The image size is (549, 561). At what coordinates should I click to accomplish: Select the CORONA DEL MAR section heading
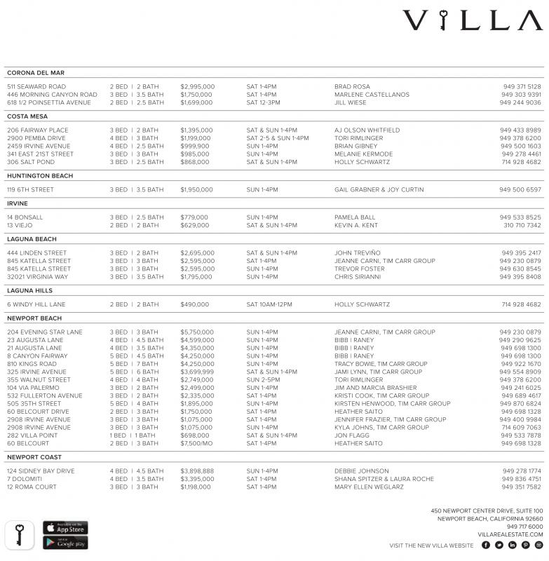point(36,73)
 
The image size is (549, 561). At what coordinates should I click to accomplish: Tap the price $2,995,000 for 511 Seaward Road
point(197,87)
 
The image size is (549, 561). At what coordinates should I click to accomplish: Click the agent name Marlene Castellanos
point(372,95)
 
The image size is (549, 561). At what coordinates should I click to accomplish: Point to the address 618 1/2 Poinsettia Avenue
point(49,102)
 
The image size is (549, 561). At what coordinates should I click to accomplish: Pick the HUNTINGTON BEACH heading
point(40,176)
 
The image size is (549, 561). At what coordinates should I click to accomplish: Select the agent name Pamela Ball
point(355,217)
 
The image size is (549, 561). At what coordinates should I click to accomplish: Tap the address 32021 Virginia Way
point(38,277)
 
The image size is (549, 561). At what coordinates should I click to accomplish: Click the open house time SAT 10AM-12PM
point(269,305)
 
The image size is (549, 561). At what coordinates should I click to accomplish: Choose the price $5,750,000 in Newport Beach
point(197,332)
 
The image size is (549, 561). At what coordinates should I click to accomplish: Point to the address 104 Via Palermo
point(34,388)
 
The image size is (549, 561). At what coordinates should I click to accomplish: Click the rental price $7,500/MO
point(198,443)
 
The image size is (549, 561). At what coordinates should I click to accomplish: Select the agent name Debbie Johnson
point(361,471)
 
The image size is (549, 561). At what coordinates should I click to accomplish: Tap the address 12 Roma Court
point(32,487)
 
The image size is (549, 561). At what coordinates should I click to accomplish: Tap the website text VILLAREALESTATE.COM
point(510,534)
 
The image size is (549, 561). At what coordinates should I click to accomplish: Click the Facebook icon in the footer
point(486,545)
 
